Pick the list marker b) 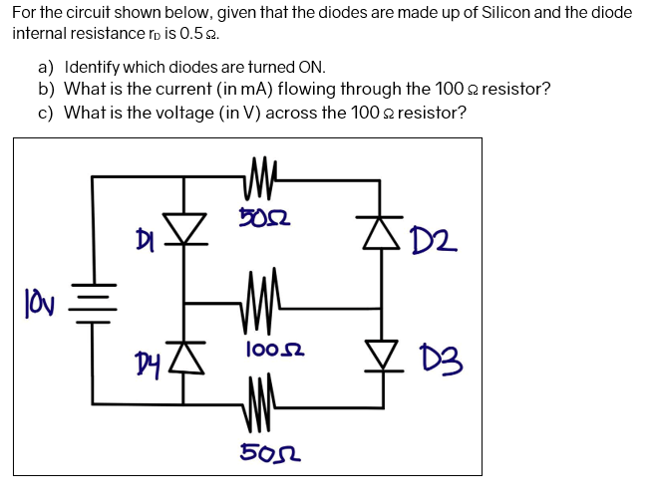point(47,90)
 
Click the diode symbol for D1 point(183,229)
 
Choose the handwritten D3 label point(436,357)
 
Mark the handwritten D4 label point(147,355)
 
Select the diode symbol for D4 point(183,353)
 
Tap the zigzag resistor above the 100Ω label point(261,299)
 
